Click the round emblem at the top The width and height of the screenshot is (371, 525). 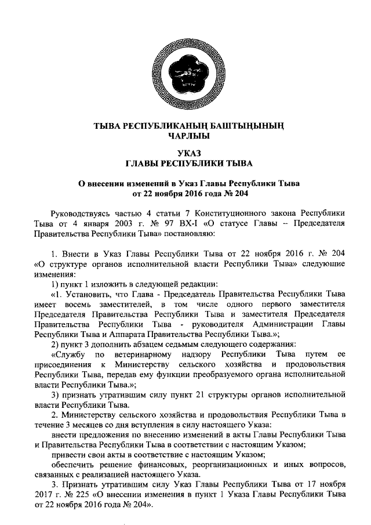[185, 74]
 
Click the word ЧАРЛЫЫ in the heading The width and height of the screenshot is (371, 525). [185, 136]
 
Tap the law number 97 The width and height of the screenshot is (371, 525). [169, 222]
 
